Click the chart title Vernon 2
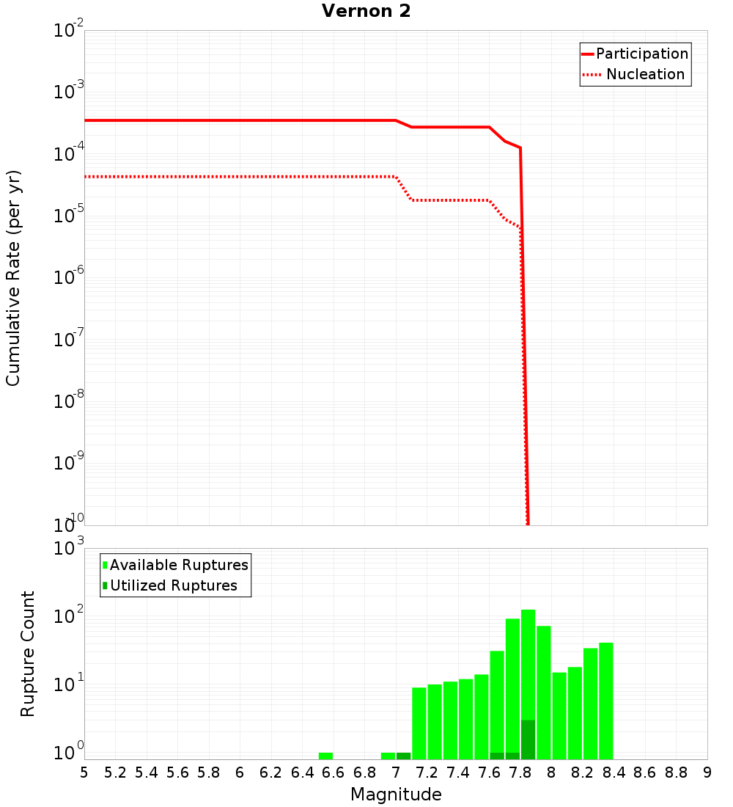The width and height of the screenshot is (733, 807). (x=367, y=11)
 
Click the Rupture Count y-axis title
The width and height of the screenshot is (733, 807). (x=28, y=654)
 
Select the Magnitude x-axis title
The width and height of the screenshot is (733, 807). (x=396, y=795)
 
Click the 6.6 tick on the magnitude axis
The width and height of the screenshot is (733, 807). (x=334, y=773)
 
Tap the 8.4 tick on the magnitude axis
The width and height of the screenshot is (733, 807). (x=614, y=773)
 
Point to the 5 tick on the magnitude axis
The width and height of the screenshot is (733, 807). (x=84, y=773)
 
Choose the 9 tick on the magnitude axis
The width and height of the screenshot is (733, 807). (x=707, y=773)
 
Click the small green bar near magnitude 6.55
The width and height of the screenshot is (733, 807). (x=325, y=756)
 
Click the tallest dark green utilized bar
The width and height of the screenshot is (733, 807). (x=528, y=740)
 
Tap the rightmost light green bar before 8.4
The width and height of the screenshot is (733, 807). (x=605, y=701)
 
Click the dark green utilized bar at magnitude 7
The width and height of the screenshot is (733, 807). (x=403, y=756)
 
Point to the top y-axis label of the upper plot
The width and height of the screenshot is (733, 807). (x=69, y=31)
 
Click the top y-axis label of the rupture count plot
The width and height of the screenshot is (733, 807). (x=70, y=548)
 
